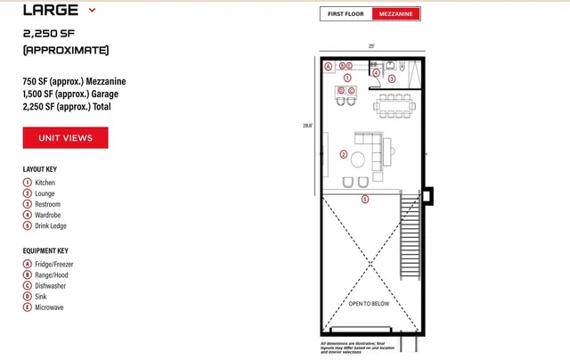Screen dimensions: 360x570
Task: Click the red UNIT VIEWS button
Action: (65, 138)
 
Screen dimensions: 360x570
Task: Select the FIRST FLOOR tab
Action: (346, 14)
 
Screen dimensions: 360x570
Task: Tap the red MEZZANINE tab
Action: (395, 14)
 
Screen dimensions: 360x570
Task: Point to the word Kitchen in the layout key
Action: (45, 183)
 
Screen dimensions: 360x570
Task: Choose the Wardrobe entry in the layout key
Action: (48, 215)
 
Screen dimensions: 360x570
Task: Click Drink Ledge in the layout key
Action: (52, 225)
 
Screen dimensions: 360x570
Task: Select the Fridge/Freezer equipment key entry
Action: (55, 265)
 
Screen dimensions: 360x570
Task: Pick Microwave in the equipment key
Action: (49, 307)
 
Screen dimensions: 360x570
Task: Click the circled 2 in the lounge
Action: (344, 154)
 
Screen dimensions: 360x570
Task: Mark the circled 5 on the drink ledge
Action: (364, 199)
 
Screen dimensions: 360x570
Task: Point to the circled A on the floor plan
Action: (328, 66)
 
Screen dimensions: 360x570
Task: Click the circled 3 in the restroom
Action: (391, 79)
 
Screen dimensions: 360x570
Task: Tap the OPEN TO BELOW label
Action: (369, 304)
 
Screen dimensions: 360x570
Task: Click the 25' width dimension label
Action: (370, 45)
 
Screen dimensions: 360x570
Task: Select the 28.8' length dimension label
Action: (307, 126)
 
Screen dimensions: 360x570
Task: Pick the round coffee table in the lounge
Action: (358, 160)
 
